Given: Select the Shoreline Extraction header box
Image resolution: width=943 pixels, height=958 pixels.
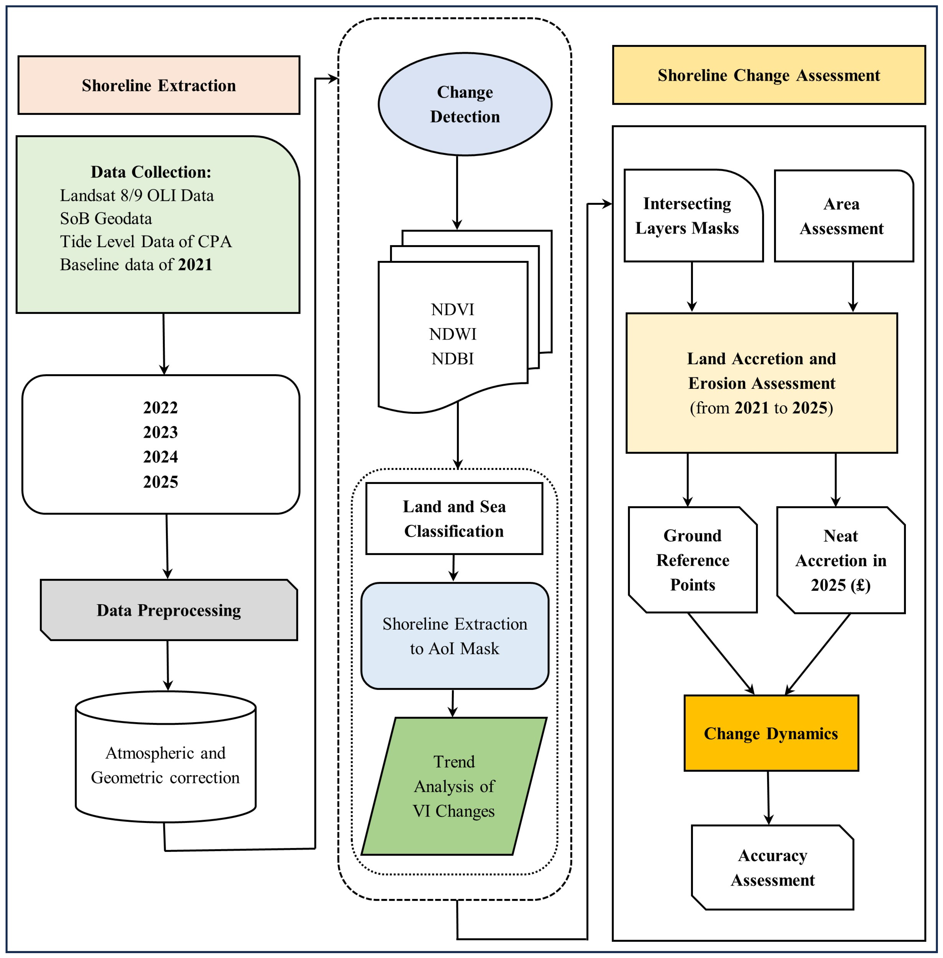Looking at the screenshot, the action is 159,85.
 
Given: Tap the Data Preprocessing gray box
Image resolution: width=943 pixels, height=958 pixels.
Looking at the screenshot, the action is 169,610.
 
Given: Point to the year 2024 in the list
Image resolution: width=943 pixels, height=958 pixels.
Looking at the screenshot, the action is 160,456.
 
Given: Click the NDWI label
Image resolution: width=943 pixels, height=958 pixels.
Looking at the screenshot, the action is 453,334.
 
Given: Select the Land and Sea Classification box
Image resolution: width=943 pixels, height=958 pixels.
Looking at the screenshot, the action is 454,518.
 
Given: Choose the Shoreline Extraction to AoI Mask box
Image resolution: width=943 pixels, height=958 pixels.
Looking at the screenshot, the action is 455,636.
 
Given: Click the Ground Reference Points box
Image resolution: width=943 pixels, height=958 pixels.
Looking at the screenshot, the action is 693,560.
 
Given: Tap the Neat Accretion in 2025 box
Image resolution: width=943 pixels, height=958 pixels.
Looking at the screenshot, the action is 841,560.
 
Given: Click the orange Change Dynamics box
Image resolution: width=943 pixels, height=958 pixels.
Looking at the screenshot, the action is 771,733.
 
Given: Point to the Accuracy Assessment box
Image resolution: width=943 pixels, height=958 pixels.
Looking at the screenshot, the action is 773,867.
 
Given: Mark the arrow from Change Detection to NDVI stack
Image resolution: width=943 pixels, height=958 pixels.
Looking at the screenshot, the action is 457,193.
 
